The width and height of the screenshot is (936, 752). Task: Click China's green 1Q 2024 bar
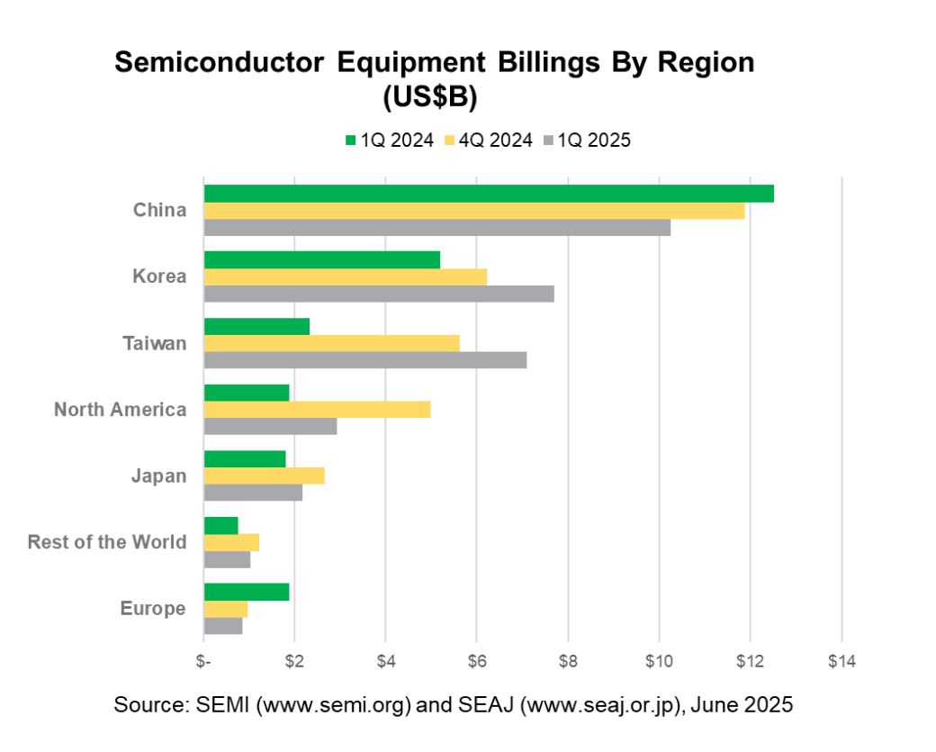coord(489,194)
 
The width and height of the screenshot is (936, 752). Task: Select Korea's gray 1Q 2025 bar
coord(379,294)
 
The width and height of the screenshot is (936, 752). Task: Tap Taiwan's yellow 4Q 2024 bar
coord(332,343)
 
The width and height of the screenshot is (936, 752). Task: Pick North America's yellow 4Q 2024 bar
coord(317,410)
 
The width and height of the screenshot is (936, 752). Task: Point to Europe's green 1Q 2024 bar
coord(247,592)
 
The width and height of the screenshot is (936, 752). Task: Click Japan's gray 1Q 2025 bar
coord(253,493)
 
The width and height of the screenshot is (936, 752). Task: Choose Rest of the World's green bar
coord(221,526)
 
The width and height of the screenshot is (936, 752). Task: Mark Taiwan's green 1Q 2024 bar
coord(256,326)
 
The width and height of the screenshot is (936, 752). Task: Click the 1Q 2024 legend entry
coord(389,140)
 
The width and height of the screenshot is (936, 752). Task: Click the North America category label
coord(120,410)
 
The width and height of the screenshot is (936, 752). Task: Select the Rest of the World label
coord(107,542)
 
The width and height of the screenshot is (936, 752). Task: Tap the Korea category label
coord(160,276)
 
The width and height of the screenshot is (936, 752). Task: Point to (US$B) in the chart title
coord(428,95)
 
